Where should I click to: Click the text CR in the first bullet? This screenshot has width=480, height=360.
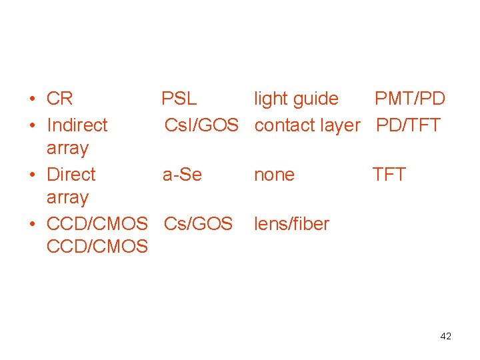(59, 99)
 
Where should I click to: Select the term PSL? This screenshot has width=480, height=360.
(179, 99)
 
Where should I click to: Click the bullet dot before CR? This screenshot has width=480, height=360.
(32, 100)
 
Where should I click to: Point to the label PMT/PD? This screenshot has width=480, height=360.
(409, 99)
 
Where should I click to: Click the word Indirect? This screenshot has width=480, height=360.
(77, 125)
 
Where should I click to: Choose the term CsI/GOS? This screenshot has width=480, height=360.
(201, 125)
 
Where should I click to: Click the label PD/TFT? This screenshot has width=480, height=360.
(408, 125)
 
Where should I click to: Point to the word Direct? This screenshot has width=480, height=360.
(71, 175)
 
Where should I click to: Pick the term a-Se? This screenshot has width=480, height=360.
(182, 175)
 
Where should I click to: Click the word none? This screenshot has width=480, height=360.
(274, 175)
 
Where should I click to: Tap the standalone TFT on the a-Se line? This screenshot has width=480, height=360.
(389, 175)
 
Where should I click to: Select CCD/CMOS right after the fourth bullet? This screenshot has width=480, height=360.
(97, 224)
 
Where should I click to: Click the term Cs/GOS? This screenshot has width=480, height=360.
(198, 224)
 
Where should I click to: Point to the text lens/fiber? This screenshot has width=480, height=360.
(291, 224)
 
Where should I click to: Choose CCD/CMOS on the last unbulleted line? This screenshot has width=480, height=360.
(97, 247)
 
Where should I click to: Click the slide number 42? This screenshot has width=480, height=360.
(445, 337)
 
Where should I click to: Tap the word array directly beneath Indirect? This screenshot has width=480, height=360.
(67, 148)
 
